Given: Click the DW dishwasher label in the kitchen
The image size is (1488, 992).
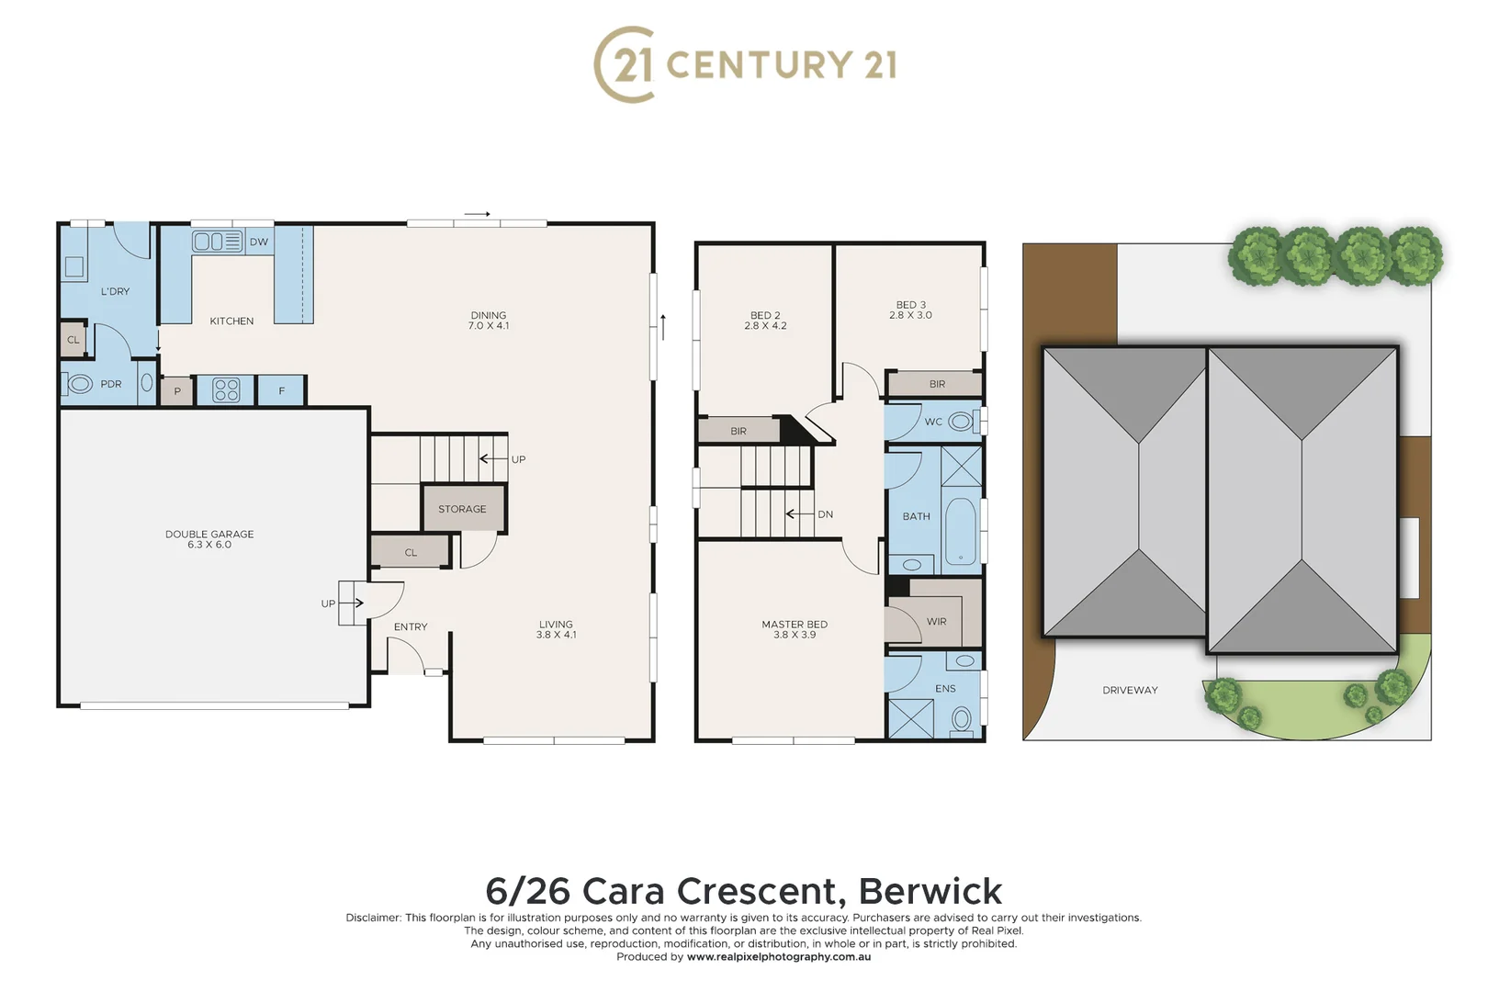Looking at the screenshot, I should tap(259, 242).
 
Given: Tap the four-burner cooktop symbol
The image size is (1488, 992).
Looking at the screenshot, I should tap(226, 390).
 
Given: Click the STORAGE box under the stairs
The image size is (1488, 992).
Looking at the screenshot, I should tap(462, 509).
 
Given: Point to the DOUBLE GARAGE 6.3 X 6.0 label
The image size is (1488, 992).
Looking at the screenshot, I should tap(209, 539).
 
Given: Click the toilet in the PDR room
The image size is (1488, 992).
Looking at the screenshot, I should tap(80, 384).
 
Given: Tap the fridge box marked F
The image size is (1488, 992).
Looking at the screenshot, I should tap(281, 390).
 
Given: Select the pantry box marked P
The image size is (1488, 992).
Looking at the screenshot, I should tap(177, 391).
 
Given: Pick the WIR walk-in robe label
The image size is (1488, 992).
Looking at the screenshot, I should tap(936, 622).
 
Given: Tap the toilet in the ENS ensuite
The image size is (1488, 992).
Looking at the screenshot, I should tap(962, 718).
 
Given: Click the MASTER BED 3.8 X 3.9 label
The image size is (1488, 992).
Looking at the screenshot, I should tap(795, 629).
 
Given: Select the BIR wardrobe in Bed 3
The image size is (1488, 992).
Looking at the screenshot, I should tap(936, 384).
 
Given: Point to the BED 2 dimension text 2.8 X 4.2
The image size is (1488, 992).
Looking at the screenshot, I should tap(765, 326).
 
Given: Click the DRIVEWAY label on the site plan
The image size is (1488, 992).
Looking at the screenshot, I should tap(1130, 690).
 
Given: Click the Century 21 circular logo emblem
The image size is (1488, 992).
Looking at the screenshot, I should tap(625, 64).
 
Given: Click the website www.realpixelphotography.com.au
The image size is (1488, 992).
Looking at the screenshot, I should tap(778, 956).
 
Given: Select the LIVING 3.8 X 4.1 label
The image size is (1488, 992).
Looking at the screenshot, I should tap(556, 629).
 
